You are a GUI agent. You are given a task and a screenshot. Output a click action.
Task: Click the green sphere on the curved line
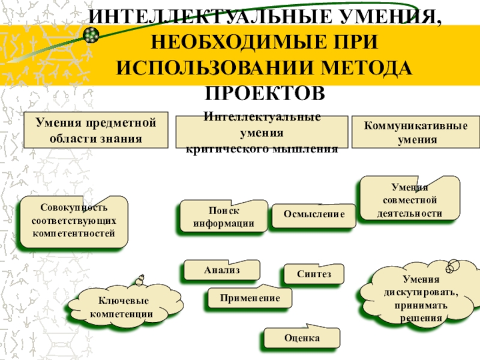coord(91,35)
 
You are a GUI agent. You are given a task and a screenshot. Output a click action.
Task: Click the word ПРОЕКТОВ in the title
coord(265,93)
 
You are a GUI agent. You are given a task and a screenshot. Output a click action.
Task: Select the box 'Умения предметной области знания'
coord(96,130)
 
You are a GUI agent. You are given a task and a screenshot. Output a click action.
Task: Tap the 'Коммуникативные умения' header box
coord(416,132)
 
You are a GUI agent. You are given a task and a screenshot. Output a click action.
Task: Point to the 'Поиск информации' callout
coord(224,216)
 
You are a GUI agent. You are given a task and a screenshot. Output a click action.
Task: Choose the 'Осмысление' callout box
coord(314,215)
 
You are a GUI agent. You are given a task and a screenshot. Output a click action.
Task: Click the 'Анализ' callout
coord(222,269)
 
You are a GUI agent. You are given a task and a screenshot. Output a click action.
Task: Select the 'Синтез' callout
coord(314,274)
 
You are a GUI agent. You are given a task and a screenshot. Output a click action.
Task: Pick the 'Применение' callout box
coord(250,297)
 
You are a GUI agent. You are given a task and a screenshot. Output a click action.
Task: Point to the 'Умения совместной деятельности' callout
coord(410,199)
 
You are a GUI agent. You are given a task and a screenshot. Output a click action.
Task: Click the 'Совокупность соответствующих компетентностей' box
coord(74,221)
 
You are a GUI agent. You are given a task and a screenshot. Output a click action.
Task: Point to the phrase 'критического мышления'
coord(262,149)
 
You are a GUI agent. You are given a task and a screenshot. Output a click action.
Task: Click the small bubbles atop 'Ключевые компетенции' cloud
coord(140,280)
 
